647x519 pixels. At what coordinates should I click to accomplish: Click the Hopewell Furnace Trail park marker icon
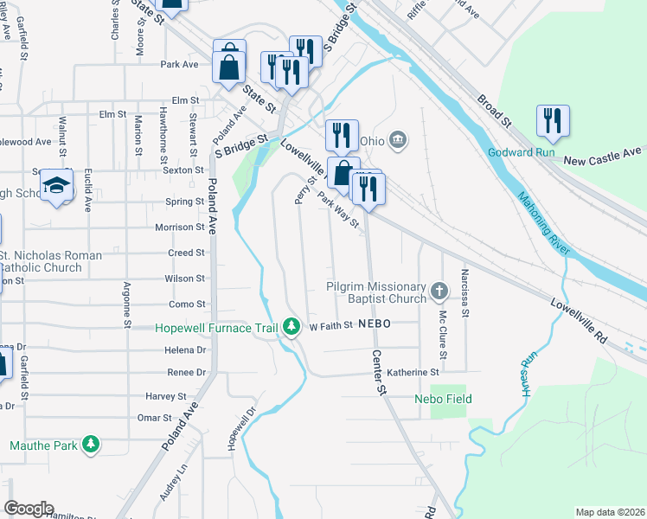(x=293, y=329)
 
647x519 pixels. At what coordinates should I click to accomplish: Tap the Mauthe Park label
(x=43, y=446)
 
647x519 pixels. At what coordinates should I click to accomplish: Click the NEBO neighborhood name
(x=376, y=323)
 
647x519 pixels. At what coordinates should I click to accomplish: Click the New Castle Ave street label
(x=603, y=162)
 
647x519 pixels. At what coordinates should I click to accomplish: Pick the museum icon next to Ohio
(x=398, y=140)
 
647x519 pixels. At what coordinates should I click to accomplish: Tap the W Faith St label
(x=332, y=326)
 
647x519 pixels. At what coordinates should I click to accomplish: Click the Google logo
(x=29, y=509)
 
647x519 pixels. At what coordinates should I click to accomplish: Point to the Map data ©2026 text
(x=610, y=512)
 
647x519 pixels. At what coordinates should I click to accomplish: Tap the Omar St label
(x=155, y=418)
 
